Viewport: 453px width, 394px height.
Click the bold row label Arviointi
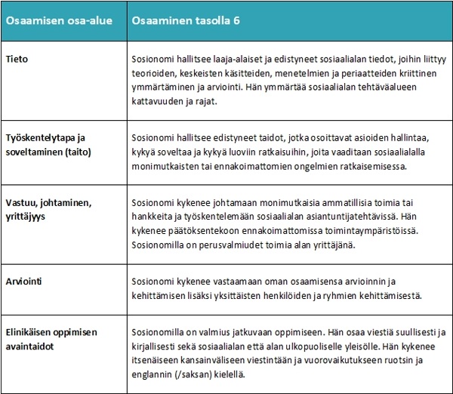(x=26, y=280)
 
